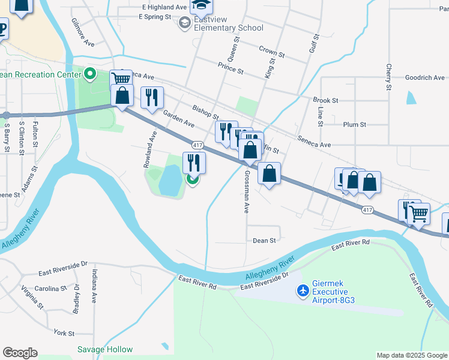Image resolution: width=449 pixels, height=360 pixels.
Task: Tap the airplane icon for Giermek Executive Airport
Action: tap(304, 291)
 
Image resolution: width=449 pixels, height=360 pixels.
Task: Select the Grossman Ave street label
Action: tap(246, 191)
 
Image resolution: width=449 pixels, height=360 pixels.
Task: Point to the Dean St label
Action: tap(264, 240)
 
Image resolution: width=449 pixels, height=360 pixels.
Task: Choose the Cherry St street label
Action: tap(389, 77)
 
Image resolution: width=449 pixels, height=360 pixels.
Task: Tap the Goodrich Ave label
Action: tap(425, 77)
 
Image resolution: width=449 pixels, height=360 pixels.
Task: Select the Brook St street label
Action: tap(325, 100)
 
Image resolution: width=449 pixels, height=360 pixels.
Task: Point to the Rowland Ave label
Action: tap(149, 149)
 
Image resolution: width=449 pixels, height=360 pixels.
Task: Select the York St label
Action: tap(64, 332)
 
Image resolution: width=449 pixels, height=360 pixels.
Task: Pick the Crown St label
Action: tap(271, 49)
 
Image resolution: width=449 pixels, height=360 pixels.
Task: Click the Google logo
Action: tap(20, 353)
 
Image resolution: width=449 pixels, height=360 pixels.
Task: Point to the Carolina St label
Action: tap(50, 289)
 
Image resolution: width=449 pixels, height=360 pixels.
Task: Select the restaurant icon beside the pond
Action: tap(194, 162)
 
